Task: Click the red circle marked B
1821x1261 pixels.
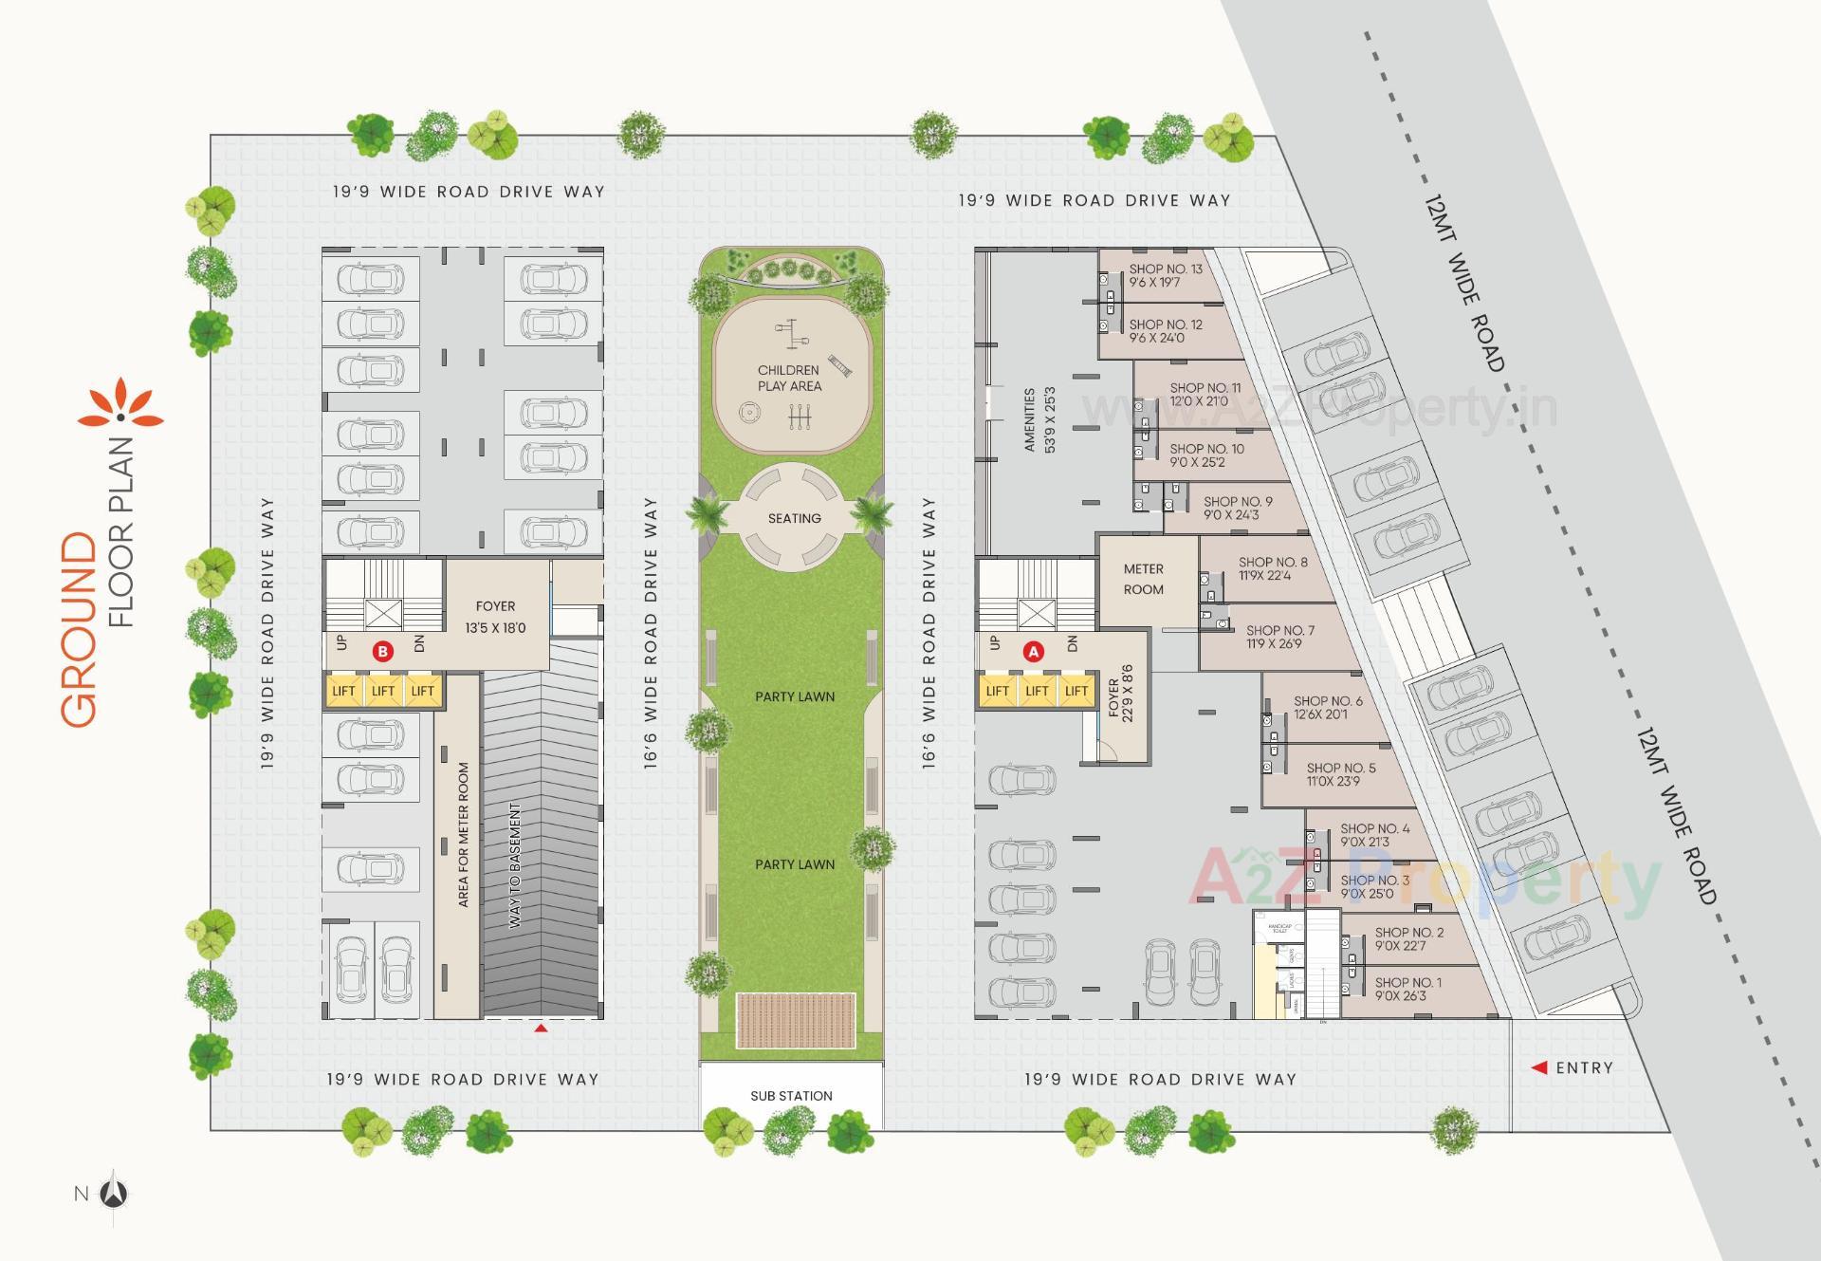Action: click(x=382, y=652)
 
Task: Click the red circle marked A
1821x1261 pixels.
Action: click(x=1034, y=652)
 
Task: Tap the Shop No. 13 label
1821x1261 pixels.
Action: click(x=1166, y=275)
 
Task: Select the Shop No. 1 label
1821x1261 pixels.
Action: click(x=1407, y=989)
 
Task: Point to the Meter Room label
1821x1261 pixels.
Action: click(x=1143, y=579)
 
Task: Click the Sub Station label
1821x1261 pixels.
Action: click(x=791, y=1096)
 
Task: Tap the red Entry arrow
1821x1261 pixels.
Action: click(x=1539, y=1067)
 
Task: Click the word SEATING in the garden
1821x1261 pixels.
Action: click(x=794, y=518)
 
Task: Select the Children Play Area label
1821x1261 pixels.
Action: click(x=789, y=378)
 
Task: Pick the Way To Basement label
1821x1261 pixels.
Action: click(x=515, y=865)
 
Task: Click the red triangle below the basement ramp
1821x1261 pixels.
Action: click(x=541, y=1028)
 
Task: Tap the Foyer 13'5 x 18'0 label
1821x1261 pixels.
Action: click(x=495, y=617)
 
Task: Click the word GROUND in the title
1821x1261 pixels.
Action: click(x=80, y=630)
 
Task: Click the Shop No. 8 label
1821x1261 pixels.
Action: click(x=1273, y=568)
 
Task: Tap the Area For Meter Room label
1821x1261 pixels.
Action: click(x=464, y=835)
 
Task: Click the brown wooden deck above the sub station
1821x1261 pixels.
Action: click(x=795, y=1020)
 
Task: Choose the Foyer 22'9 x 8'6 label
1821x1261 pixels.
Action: click(x=1120, y=694)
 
